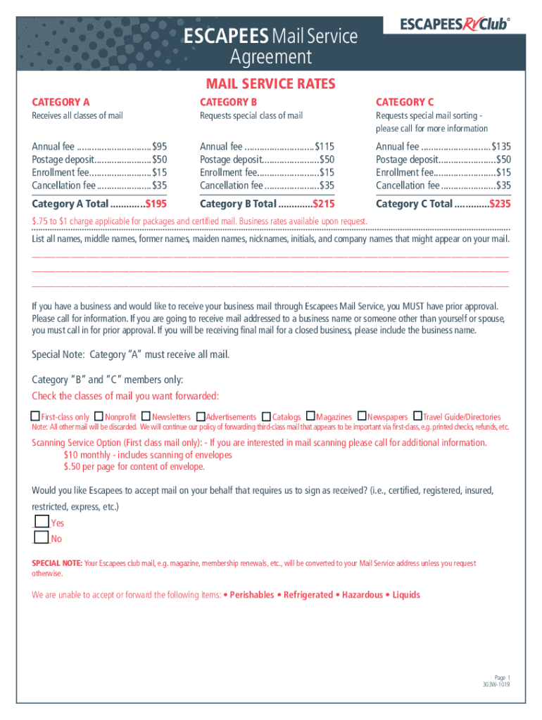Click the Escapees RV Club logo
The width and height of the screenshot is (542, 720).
click(454, 25)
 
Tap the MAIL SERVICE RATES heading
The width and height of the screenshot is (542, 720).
click(270, 84)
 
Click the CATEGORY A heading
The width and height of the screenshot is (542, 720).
click(61, 102)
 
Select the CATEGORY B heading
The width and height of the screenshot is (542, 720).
click(229, 102)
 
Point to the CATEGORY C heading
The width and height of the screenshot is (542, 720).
click(405, 102)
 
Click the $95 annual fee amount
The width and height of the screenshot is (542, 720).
click(159, 146)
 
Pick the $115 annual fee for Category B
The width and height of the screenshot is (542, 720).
click(324, 146)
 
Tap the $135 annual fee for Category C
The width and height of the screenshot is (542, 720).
click(501, 146)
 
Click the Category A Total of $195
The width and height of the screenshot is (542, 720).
click(156, 204)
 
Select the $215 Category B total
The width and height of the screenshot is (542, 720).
click(324, 204)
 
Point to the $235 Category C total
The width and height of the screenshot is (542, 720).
click(500, 204)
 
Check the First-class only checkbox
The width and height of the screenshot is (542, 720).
click(36, 416)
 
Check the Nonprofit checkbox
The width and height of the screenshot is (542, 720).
click(99, 416)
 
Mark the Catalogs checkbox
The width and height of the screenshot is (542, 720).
click(267, 416)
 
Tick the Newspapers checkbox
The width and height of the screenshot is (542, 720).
click(362, 416)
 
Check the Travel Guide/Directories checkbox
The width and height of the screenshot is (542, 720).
click(417, 416)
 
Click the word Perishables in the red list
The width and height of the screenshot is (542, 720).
click(252, 595)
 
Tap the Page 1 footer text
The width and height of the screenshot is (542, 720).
click(501, 676)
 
